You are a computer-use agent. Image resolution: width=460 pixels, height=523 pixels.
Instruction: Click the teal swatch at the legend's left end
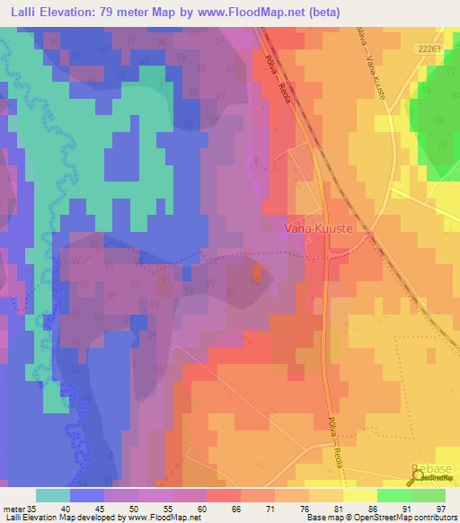(52, 495)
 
